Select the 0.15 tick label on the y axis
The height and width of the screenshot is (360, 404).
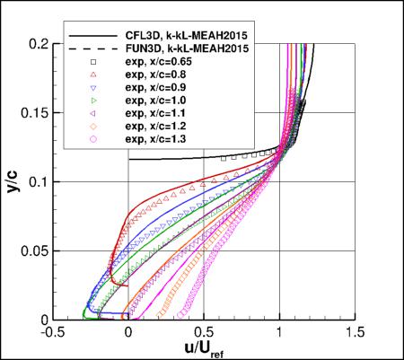tap(32, 112)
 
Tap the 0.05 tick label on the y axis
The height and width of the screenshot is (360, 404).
tap(32, 250)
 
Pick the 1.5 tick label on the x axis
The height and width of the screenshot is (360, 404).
tap(355, 331)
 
